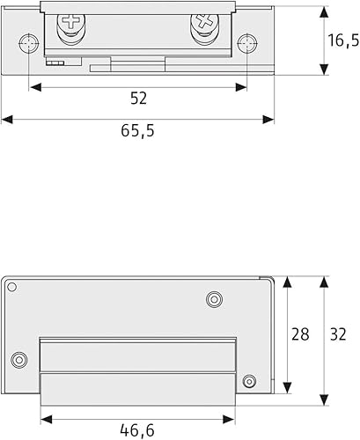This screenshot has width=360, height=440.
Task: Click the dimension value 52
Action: point(138,97)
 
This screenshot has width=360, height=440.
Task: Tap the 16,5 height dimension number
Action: point(342,40)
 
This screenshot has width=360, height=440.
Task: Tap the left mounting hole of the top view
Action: point(30,44)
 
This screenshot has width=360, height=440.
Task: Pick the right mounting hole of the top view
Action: point(247,44)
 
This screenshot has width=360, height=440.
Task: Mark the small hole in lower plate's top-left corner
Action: point(11,287)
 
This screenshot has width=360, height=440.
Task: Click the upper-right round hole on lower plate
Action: point(213,299)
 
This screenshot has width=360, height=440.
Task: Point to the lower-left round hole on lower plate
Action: point(18,358)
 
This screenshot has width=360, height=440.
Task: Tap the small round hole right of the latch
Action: point(248,381)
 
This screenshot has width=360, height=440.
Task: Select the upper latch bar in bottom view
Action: point(138,356)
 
